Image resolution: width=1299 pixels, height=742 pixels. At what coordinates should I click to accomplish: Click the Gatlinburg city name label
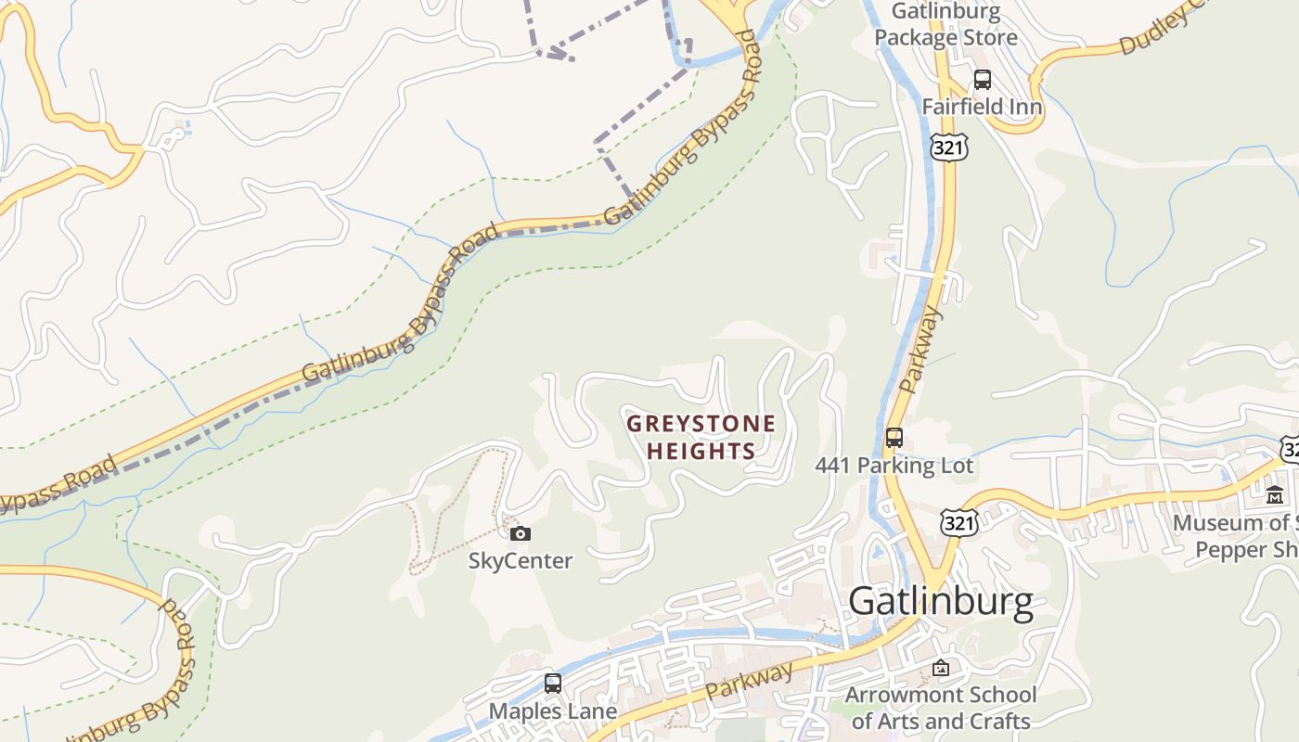[940, 601]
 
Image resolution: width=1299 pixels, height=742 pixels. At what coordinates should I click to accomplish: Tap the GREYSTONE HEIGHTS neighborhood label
[701, 438]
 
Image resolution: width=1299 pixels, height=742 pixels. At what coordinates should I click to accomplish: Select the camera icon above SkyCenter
[521, 533]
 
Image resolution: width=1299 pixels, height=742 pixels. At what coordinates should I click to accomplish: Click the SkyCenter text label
[521, 560]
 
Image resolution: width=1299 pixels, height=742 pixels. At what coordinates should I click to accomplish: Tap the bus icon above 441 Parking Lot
[894, 438]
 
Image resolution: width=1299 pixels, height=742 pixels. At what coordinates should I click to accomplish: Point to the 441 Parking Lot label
[894, 466]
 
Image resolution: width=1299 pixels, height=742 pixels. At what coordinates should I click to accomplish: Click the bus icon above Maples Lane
[553, 684]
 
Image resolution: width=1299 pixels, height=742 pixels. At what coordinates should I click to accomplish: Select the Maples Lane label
[553, 711]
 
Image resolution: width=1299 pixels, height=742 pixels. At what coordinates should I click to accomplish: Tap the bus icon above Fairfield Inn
[982, 80]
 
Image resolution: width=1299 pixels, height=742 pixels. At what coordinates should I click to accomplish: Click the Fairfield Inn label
[982, 107]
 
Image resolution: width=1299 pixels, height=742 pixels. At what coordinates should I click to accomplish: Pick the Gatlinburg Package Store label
[945, 25]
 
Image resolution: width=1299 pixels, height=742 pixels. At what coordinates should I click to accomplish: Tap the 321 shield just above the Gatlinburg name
[958, 522]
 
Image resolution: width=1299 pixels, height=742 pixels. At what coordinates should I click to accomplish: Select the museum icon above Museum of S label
[1275, 495]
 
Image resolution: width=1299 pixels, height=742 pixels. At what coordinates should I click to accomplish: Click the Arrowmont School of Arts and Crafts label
[941, 708]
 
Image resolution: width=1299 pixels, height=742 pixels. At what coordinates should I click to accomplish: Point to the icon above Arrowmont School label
[941, 668]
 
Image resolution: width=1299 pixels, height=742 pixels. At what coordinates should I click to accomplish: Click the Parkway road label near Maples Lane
[750, 681]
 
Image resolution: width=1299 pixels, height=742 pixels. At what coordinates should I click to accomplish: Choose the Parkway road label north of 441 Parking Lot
[921, 351]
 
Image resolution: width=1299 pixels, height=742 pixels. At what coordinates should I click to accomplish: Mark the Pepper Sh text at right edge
[1245, 550]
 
